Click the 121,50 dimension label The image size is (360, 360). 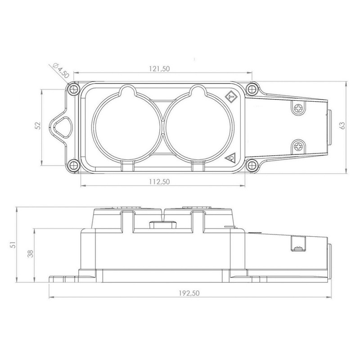159,69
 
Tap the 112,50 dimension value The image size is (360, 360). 159,182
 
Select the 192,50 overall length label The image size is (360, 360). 189,293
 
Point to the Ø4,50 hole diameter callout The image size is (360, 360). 61,70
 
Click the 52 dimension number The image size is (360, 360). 38,126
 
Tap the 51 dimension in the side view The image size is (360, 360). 13,245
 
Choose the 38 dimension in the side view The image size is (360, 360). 30,253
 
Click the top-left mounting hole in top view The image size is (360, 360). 73,89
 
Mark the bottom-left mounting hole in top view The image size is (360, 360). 73,165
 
